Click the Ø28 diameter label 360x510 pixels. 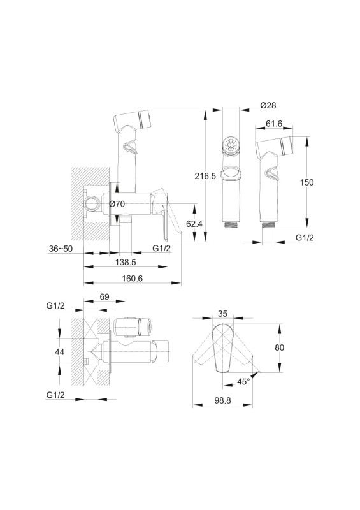click(268, 105)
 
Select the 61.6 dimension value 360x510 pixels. click(274, 124)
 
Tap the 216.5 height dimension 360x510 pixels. click(205, 176)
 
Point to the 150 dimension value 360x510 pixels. click(306, 182)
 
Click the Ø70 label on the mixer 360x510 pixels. click(117, 204)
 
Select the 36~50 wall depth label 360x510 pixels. click(61, 249)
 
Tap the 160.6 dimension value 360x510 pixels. click(132, 279)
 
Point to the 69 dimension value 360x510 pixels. click(104, 296)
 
